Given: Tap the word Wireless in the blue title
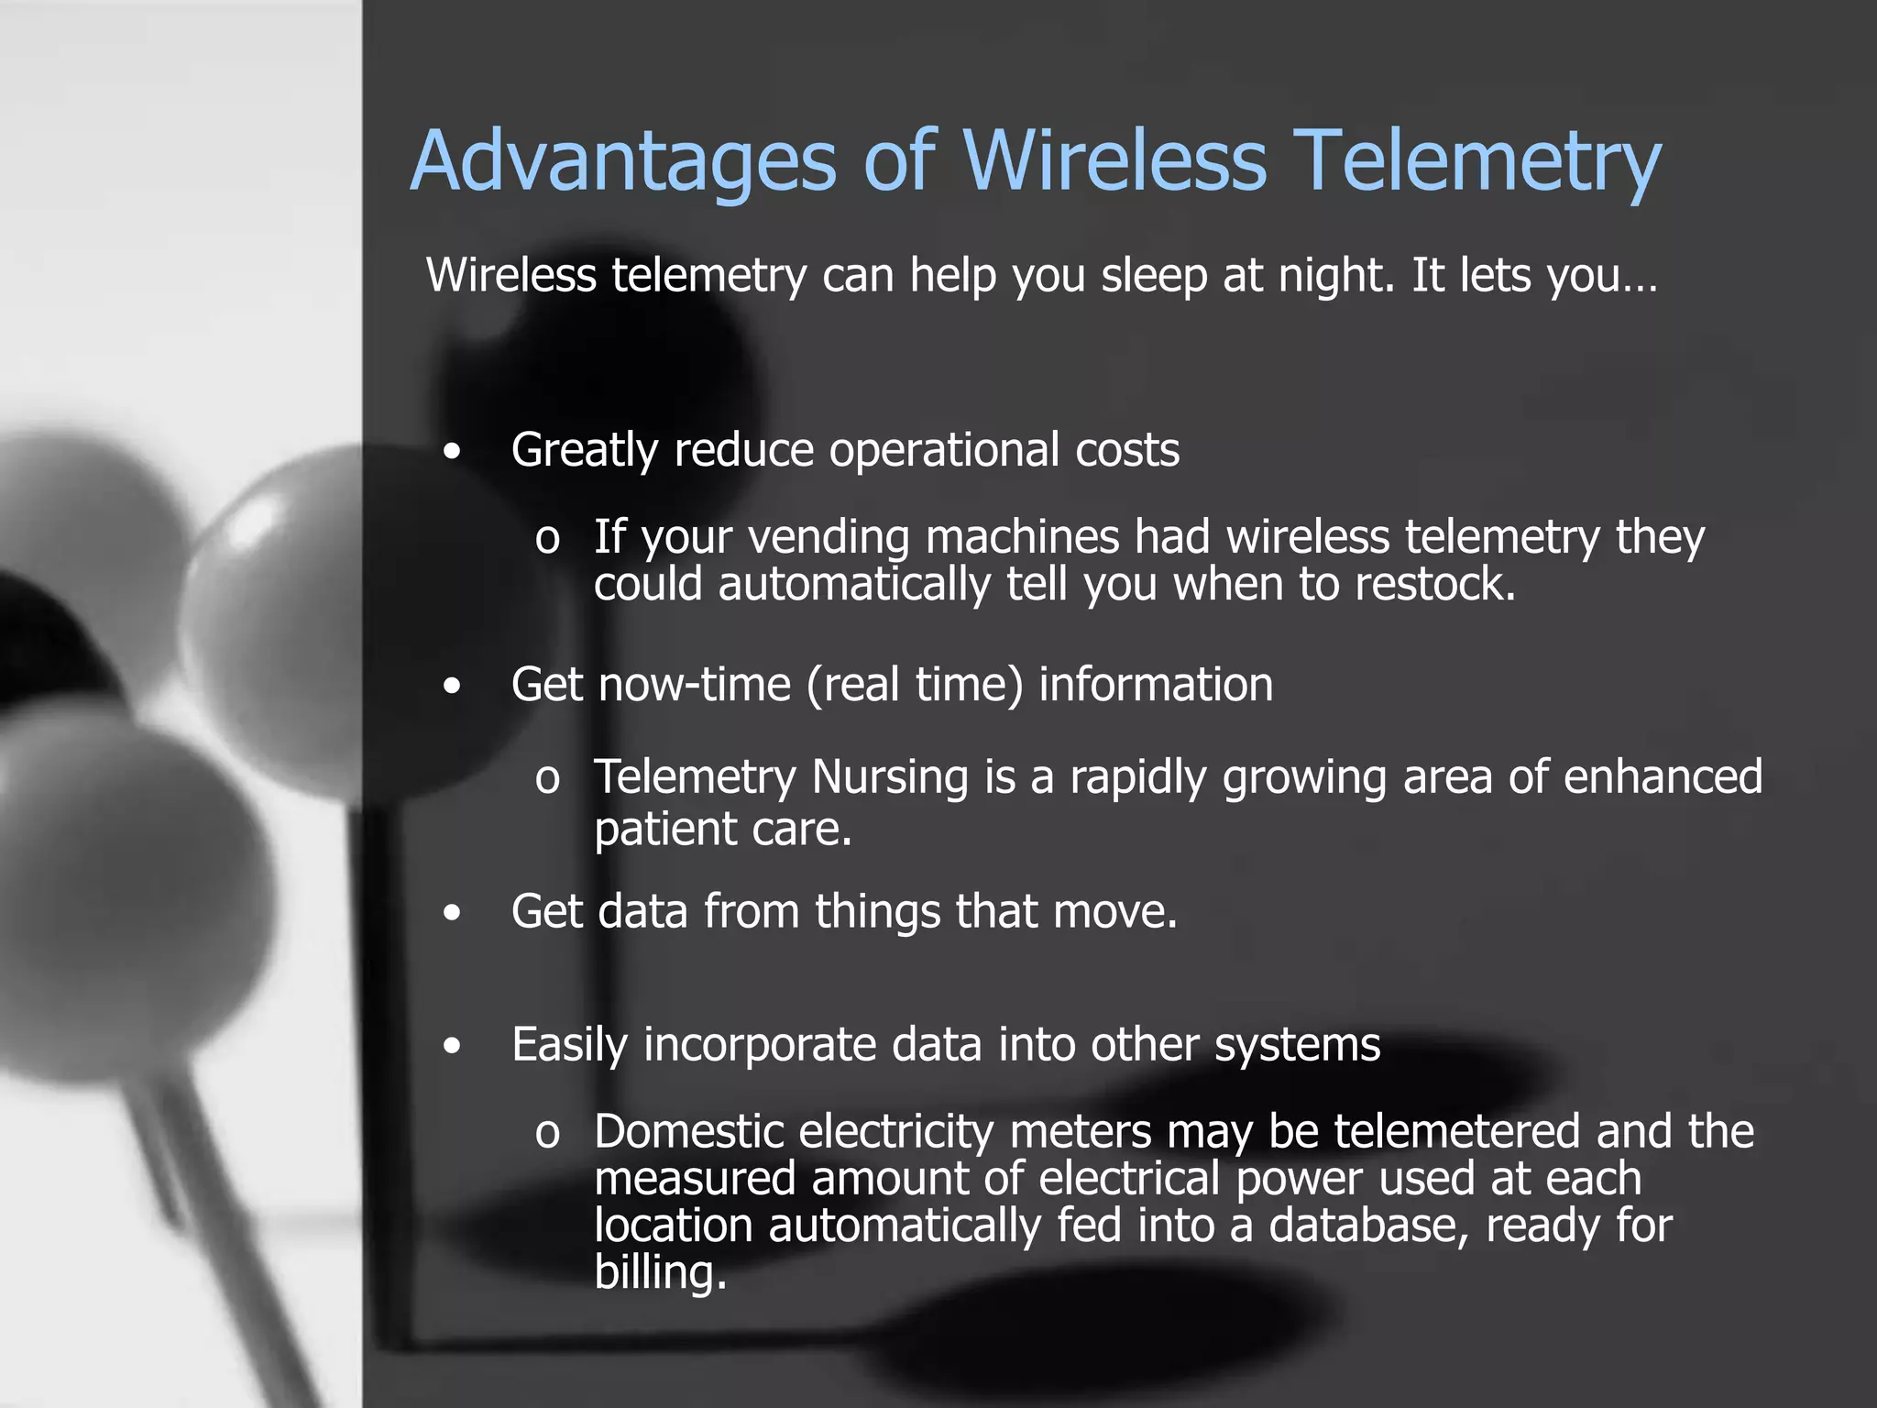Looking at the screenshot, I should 1114,160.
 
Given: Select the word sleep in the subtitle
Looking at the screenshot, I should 1153,275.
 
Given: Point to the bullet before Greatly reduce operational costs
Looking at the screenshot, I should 452,452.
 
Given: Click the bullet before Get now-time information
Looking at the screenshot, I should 452,686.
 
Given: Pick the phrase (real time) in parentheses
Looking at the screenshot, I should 915,685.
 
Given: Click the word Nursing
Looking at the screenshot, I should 890,777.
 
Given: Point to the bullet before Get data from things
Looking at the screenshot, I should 452,913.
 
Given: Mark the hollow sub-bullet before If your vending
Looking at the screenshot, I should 547,540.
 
